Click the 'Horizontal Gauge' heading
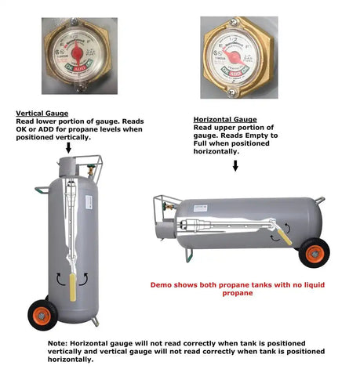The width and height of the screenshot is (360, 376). click(219, 118)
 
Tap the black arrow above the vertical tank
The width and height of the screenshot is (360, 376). click(68, 147)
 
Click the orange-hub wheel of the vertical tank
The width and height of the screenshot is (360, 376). click(42, 315)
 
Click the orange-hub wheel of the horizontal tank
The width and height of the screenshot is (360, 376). click(316, 253)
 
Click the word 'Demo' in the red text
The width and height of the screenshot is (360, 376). click(162, 284)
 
